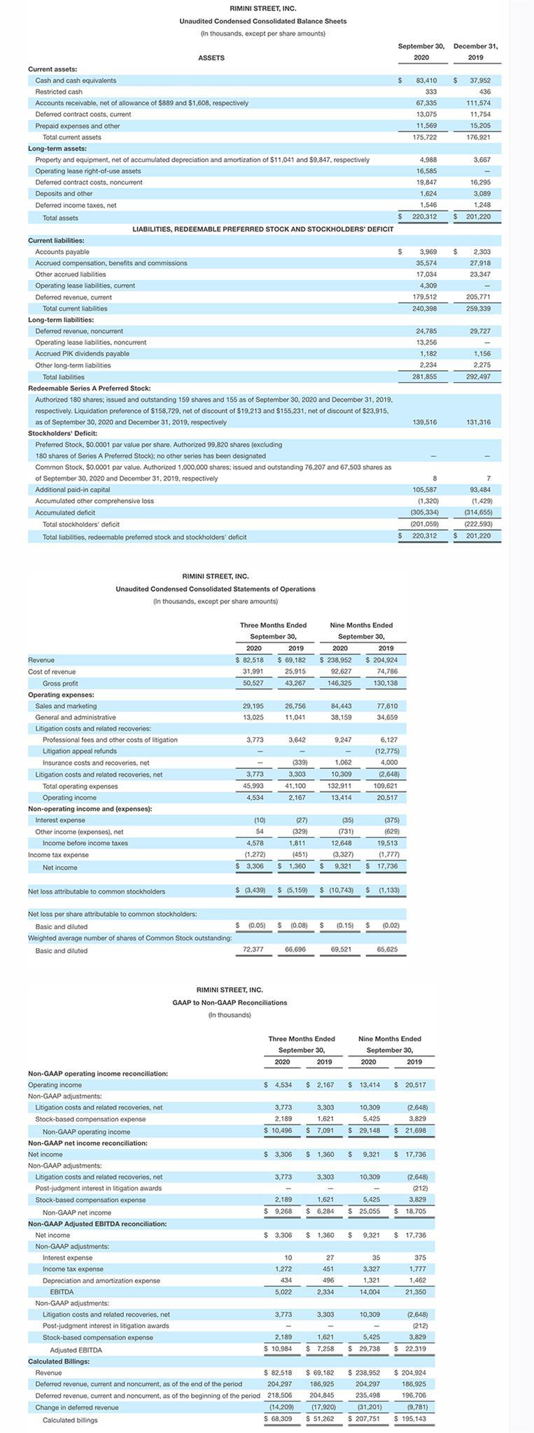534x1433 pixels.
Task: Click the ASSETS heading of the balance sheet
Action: pos(211,57)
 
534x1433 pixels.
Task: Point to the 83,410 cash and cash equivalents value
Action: pos(426,80)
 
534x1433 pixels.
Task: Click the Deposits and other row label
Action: pos(64,194)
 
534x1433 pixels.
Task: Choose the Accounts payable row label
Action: pos(62,252)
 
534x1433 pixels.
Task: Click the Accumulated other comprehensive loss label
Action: pos(94,501)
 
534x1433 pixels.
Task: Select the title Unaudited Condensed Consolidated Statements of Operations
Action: pos(216,589)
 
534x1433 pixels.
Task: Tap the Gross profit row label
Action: pos(60,684)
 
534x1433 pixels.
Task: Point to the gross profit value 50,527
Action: pos(253,684)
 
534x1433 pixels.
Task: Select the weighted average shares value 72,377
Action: pos(253,950)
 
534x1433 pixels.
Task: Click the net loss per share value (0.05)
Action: pos(253,926)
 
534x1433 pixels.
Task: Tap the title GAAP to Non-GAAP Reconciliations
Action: pos(230,1003)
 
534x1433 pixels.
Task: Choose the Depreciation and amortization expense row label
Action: pos(101,1280)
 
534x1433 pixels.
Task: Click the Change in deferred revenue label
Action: pos(77,1407)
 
